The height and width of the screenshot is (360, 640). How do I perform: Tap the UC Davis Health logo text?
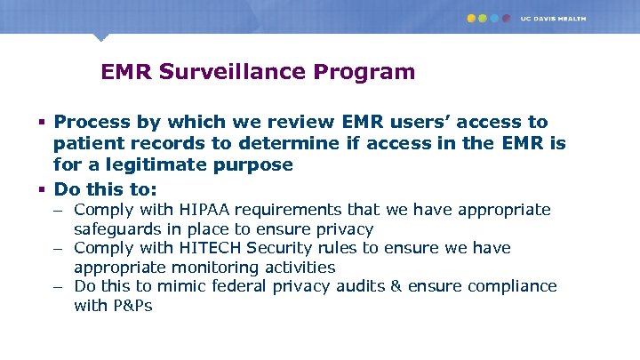pos(554,18)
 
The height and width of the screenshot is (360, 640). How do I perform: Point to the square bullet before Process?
pos(43,122)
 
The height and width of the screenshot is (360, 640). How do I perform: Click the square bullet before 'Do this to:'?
pos(43,189)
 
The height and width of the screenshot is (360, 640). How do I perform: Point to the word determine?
pos(260,143)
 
